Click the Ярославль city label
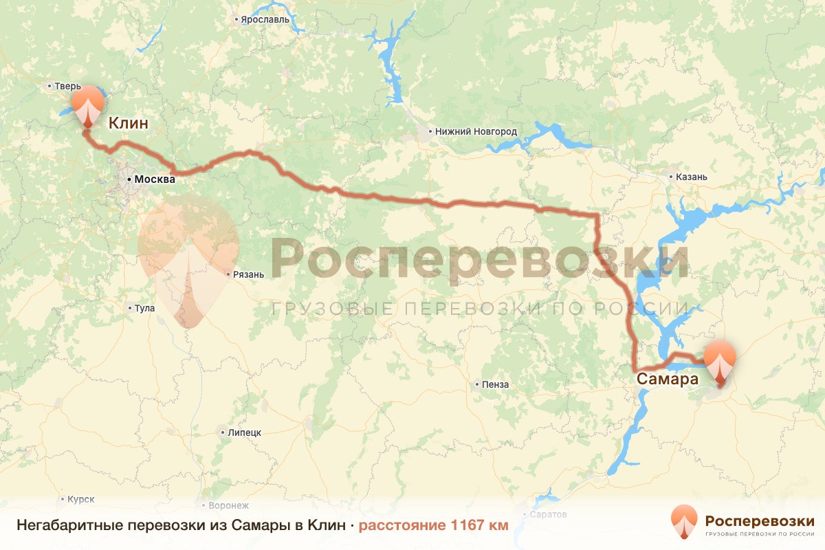264,19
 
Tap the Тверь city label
68,87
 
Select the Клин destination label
129,124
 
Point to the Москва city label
155,179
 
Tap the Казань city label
692,177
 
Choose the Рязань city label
249,274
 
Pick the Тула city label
144,309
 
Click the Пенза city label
496,384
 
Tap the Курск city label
81,499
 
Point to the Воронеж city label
228,505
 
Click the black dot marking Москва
129,179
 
